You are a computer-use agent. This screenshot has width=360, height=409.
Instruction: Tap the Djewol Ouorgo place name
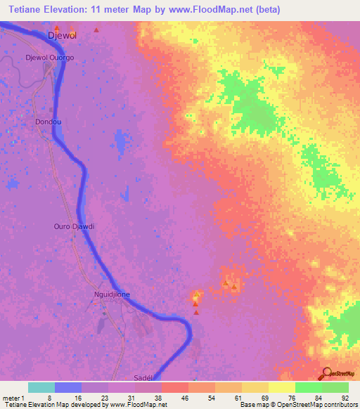[x=49, y=57]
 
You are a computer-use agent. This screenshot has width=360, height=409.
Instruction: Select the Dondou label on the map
[x=48, y=122]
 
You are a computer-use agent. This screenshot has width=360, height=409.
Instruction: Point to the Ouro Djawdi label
[x=74, y=226]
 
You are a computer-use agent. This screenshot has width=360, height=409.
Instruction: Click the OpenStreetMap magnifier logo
[x=326, y=373]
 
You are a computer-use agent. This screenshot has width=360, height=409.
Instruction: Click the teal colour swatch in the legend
[x=41, y=387]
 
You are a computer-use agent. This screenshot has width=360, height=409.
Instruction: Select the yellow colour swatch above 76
[x=281, y=387]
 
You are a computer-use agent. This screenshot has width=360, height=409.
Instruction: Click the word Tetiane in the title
[x=24, y=10]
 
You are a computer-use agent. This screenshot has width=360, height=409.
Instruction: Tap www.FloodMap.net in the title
[x=210, y=10]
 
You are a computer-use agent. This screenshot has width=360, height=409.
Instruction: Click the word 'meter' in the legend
[x=10, y=397]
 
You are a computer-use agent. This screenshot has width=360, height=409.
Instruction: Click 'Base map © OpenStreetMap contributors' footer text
[x=299, y=405]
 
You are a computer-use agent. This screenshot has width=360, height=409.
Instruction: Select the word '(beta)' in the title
[x=268, y=10]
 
